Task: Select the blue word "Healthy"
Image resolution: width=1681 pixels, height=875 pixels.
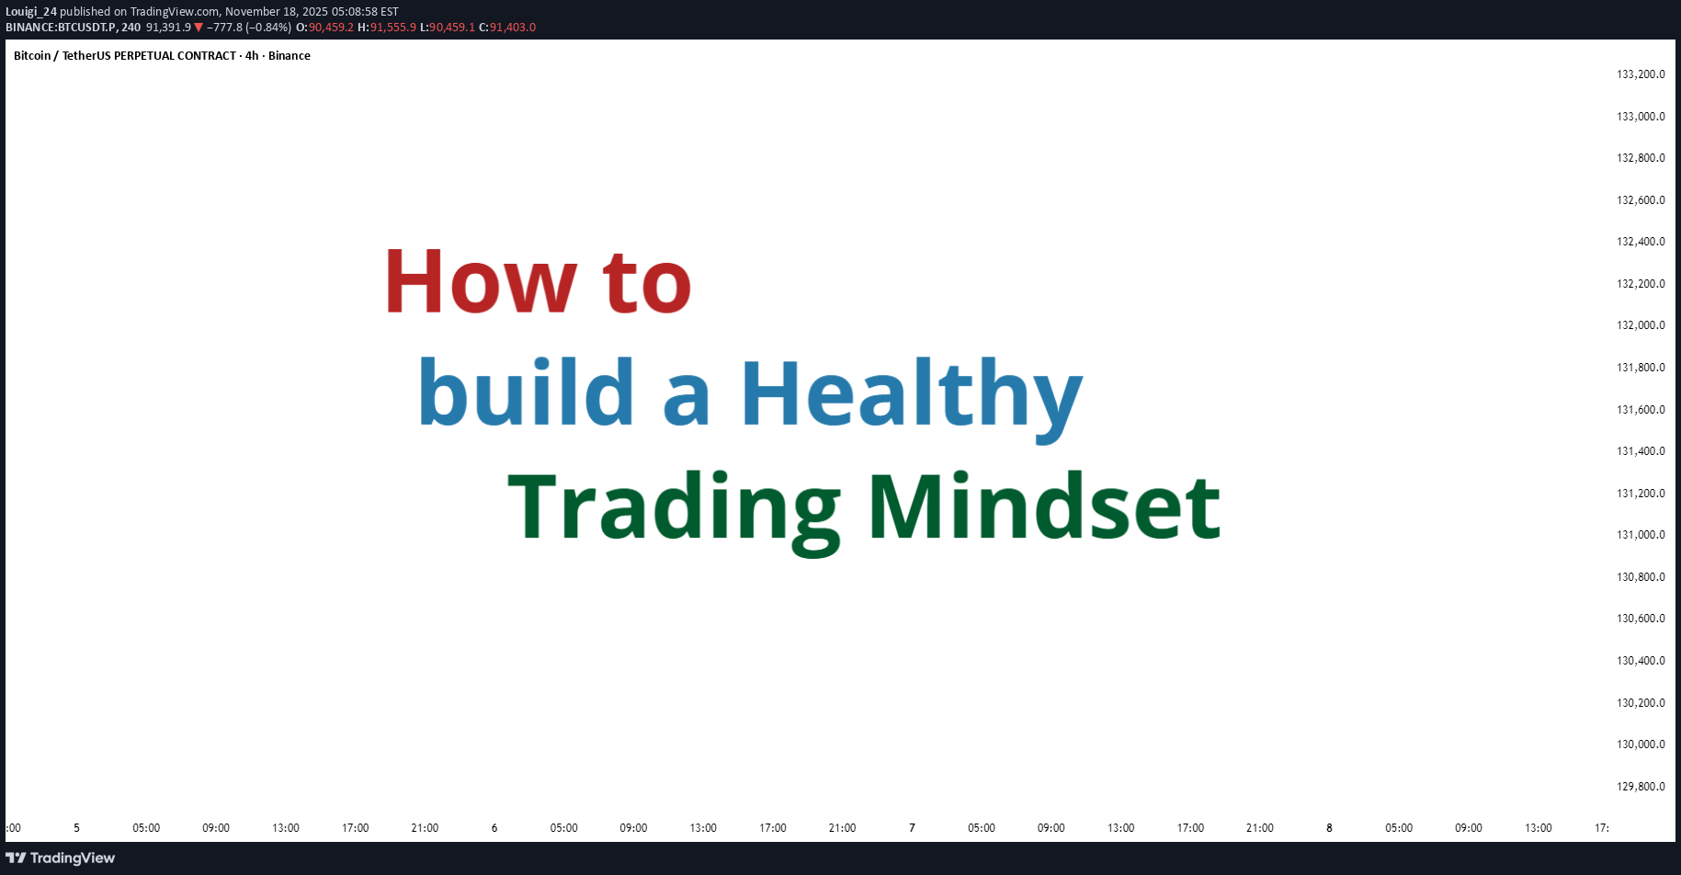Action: [912, 397]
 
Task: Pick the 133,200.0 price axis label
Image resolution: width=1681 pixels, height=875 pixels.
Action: [1641, 74]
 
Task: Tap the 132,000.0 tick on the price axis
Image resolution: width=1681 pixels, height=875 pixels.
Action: [1641, 325]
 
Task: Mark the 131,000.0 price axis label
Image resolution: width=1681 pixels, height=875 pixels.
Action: [1641, 535]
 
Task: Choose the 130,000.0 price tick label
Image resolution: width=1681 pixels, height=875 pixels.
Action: [1641, 744]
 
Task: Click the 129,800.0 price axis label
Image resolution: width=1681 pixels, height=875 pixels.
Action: [1641, 787]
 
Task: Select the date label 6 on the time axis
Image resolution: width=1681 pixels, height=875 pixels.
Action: [494, 828]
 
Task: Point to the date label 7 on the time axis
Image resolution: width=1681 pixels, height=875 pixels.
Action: [912, 828]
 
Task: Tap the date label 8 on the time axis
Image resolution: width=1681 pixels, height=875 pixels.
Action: [1329, 828]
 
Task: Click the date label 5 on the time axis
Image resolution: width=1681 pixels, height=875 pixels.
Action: [76, 828]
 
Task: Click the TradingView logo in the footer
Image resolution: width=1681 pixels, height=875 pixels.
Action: [61, 858]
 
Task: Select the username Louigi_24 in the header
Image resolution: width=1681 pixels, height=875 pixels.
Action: [31, 12]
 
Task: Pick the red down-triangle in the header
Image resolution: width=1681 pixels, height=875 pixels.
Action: [199, 28]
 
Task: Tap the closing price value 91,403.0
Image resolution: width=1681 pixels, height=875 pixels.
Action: [513, 28]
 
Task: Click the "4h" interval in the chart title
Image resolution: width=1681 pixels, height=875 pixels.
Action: [252, 56]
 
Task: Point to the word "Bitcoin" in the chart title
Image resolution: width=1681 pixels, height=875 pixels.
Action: [32, 56]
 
